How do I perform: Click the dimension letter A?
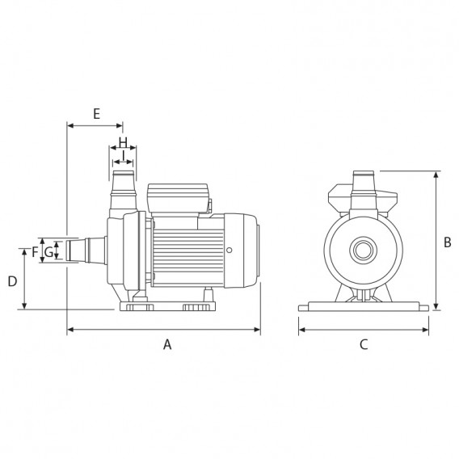[167, 344]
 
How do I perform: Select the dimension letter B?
[448, 242]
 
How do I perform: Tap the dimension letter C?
[364, 344]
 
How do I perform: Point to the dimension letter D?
[12, 281]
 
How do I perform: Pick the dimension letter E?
[97, 114]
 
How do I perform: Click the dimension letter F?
[35, 252]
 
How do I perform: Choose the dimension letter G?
[48, 252]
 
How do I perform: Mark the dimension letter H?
[124, 142]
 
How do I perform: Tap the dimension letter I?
[124, 155]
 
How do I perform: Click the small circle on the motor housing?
[229, 250]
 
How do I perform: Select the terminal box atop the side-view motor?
[178, 198]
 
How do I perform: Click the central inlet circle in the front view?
[364, 251]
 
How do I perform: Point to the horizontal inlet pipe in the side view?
[86, 251]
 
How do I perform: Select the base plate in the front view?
[364, 306]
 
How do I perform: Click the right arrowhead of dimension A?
[257, 330]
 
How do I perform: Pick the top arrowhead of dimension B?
[436, 175]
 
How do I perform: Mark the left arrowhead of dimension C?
[301, 330]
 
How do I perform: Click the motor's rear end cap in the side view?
[241, 251]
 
